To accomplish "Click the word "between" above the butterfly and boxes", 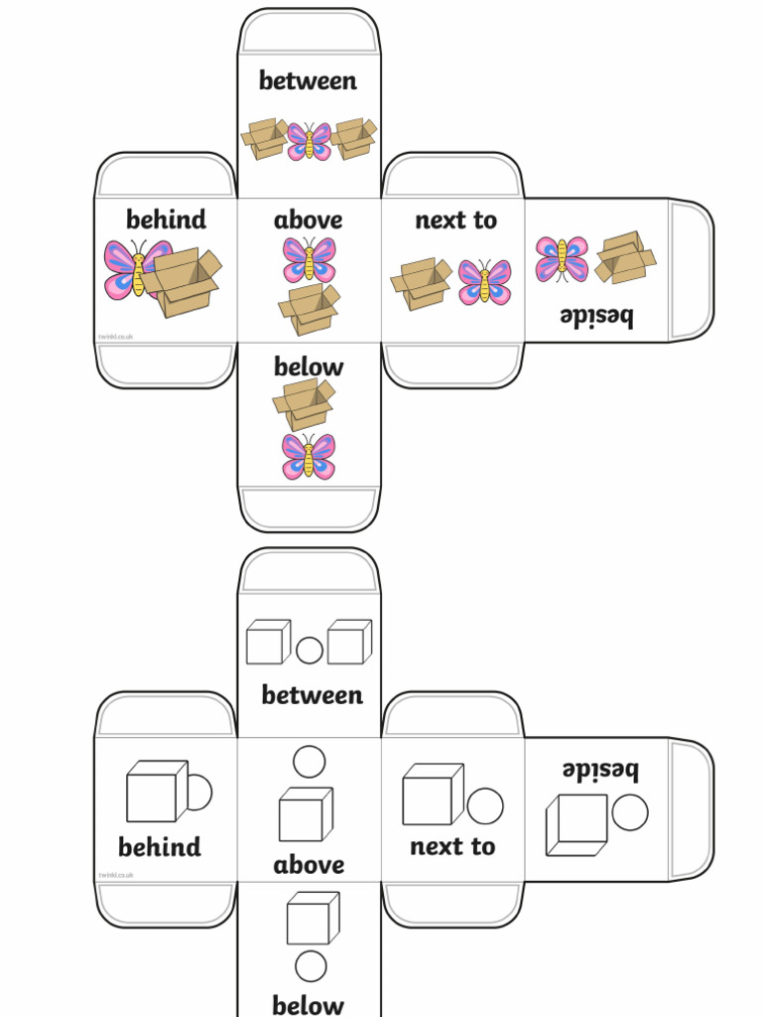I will (x=308, y=81).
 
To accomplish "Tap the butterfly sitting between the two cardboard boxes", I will (x=309, y=141).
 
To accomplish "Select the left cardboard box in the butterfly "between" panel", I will (x=264, y=138).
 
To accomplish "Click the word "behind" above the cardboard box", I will (x=166, y=219).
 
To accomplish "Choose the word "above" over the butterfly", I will (x=308, y=219).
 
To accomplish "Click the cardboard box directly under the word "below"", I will (x=304, y=403).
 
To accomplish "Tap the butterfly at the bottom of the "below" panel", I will (x=309, y=456).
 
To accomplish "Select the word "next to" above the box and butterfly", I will (x=455, y=219).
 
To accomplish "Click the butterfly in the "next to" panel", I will (x=484, y=281).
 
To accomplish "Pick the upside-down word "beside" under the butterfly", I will (x=595, y=317).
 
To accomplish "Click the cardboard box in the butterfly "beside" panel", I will (x=624, y=257).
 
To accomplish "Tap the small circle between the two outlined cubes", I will (x=310, y=651).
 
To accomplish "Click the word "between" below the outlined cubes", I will (x=312, y=695).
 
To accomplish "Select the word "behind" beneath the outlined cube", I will (x=159, y=847).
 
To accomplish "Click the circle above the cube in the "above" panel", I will (x=310, y=762).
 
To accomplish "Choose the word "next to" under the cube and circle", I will (x=451, y=846).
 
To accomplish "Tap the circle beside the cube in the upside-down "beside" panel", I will (x=630, y=812).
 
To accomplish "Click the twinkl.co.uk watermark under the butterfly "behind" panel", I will (x=115, y=338).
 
